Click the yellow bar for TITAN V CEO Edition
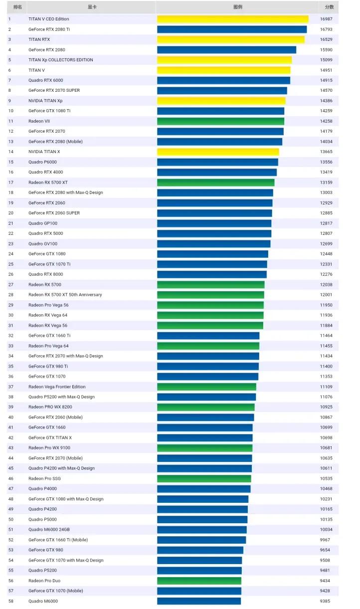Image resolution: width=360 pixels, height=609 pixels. (232, 19)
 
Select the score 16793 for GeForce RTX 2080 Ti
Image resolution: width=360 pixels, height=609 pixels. (327, 29)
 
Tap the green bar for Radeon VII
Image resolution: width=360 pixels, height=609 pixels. (220, 121)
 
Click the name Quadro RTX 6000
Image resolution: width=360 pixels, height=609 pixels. (46, 80)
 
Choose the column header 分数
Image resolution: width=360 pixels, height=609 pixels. (329, 7)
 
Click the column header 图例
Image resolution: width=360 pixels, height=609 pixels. (238, 7)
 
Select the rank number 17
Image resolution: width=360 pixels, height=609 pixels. (11, 183)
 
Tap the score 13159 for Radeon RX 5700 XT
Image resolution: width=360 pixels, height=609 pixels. (327, 183)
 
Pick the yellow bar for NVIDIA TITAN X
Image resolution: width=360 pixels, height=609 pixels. (218, 152)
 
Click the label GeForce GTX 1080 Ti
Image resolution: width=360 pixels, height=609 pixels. (49, 111)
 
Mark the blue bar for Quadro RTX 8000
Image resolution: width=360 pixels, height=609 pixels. (212, 274)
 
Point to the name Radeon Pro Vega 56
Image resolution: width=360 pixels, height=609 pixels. (48, 305)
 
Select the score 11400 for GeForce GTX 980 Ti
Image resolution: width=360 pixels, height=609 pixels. (327, 366)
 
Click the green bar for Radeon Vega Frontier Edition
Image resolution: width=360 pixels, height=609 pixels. (206, 387)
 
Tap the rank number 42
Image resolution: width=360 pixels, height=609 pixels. (11, 437)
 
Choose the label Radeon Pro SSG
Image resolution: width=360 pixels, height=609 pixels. (44, 478)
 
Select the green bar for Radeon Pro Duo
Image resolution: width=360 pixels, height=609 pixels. (199, 581)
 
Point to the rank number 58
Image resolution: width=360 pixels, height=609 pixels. (11, 601)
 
